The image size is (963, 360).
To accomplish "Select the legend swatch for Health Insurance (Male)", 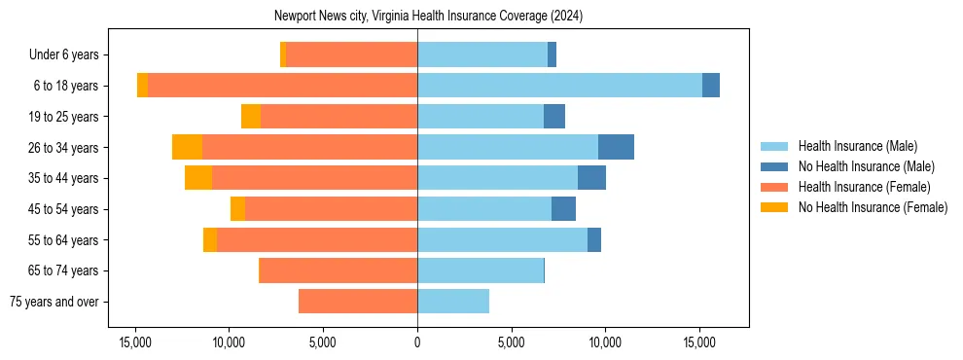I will point(774,147).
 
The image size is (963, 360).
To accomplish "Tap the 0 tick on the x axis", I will point(417,343).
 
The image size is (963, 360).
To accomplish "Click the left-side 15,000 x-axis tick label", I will point(135,343).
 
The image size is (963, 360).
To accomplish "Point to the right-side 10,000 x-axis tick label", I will point(605,343).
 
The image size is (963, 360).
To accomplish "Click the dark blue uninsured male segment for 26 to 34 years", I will point(616,147).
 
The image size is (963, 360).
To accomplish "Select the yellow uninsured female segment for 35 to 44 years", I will point(198,178).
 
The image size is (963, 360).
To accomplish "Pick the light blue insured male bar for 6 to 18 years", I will point(559,86).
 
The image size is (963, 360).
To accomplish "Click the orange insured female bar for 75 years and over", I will point(358,302).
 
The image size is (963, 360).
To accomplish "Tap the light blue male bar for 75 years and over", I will point(453,302).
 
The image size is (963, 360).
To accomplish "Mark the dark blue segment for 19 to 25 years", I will point(554,117).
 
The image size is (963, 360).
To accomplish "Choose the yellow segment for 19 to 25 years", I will point(251,117).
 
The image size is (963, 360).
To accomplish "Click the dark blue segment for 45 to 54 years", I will point(563,209).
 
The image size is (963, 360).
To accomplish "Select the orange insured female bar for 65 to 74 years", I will point(339,270).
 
